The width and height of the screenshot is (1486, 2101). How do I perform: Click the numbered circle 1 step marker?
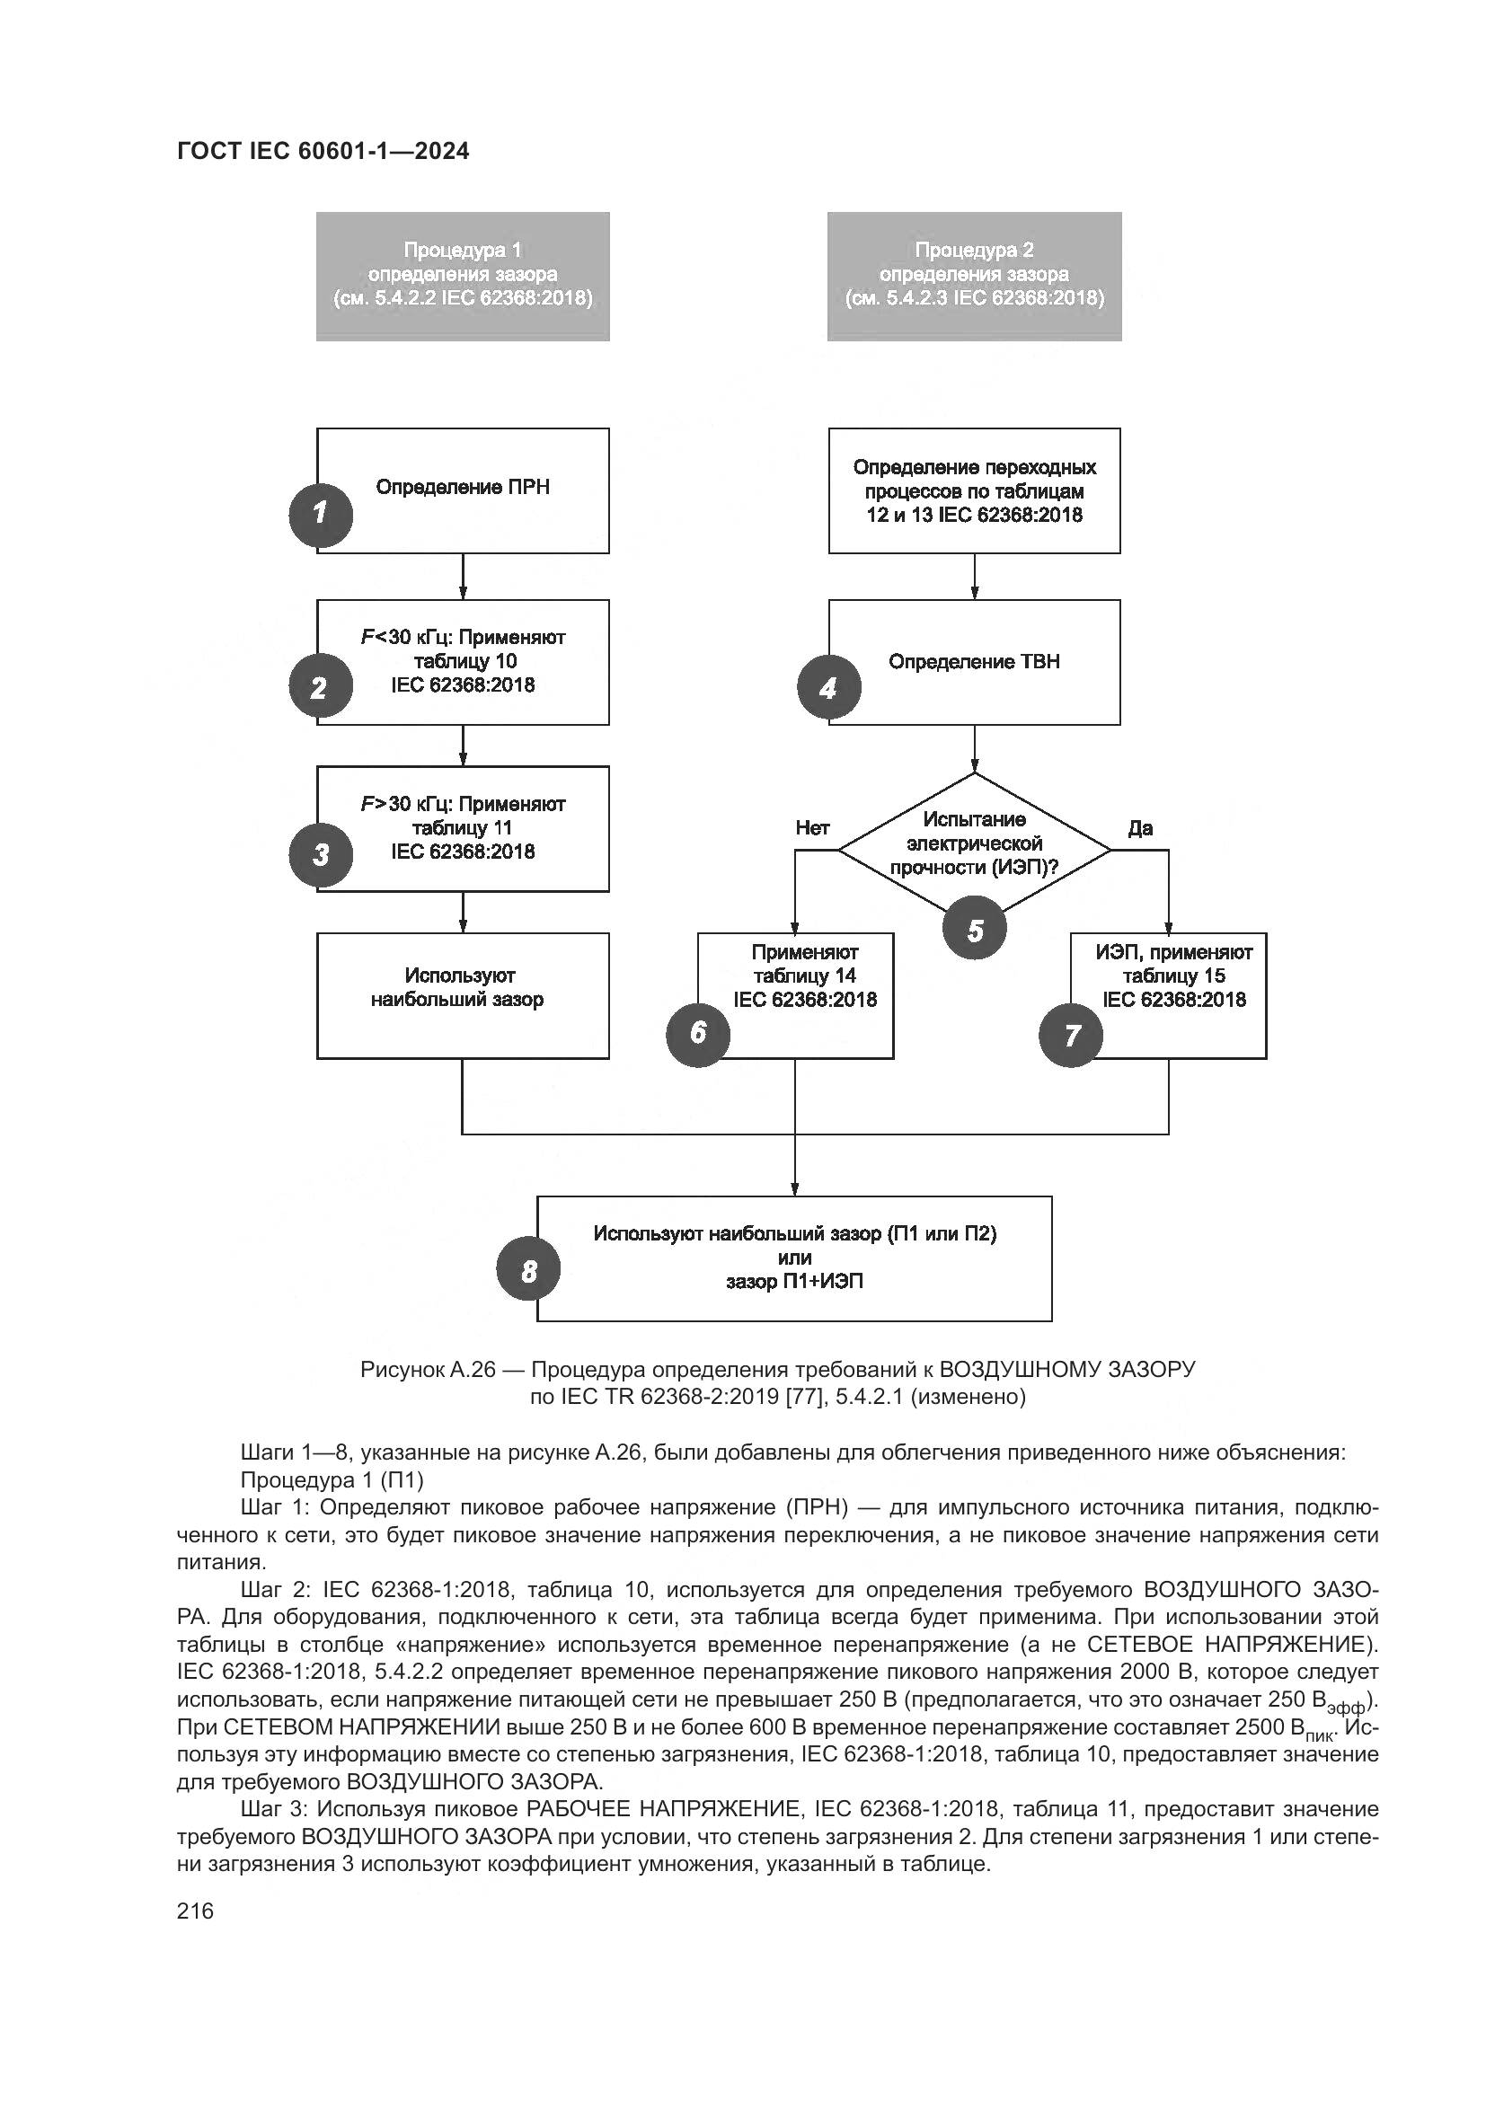click(320, 516)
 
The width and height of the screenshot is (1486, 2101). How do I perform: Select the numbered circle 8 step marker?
click(528, 1271)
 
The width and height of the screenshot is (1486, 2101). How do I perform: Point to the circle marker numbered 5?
click(975, 930)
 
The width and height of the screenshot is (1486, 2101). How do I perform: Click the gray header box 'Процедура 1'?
click(462, 277)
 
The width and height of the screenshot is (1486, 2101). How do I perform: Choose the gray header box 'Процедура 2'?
click(974, 277)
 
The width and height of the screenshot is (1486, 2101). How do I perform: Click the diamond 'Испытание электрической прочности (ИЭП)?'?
click(975, 843)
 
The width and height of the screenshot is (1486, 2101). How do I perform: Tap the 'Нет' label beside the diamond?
click(812, 828)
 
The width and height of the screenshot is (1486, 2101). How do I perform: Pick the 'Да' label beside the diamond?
click(1140, 828)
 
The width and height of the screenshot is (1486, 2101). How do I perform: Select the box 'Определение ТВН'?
click(975, 662)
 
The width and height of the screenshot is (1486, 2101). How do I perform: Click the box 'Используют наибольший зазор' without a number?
click(462, 995)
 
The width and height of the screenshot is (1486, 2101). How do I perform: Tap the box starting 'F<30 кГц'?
click(463, 662)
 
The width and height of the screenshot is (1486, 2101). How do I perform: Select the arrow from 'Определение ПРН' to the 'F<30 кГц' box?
click(463, 576)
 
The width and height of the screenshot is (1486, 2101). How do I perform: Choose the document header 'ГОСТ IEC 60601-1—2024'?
click(323, 152)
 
